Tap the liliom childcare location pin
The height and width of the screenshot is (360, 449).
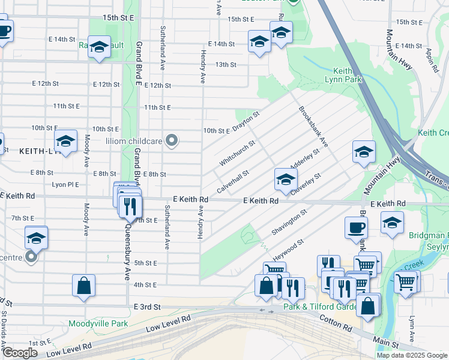[172, 141]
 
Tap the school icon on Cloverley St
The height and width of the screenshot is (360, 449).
[286, 179]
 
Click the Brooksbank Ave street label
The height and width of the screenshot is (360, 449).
[313, 127]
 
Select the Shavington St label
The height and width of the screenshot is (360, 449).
[289, 222]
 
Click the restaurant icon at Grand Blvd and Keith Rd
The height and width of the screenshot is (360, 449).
[130, 207]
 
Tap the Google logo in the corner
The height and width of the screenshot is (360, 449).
[19, 352]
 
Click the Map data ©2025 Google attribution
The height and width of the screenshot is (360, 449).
[412, 355]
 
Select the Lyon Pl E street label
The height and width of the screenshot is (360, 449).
[65, 185]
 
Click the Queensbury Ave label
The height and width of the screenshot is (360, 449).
[127, 252]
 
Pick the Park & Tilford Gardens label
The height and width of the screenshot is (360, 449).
[320, 307]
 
